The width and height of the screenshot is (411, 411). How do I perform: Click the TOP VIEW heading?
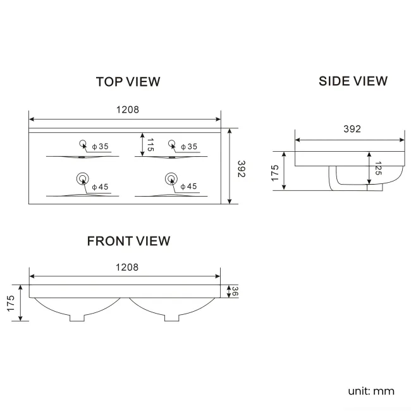(128, 82)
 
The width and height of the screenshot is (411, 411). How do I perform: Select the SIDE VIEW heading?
(353, 81)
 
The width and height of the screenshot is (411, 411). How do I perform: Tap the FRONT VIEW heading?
(128, 241)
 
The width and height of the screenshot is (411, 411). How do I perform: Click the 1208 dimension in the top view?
(127, 109)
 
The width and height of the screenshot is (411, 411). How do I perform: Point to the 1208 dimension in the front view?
(126, 267)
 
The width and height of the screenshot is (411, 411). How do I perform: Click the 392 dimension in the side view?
(352, 129)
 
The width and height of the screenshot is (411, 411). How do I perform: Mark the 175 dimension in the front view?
(11, 302)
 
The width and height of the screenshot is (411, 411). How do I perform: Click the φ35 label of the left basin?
(100, 147)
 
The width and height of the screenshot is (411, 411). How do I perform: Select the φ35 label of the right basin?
(188, 147)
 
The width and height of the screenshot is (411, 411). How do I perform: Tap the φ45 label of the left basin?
(100, 187)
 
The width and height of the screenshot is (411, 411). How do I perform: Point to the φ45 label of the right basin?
(188, 187)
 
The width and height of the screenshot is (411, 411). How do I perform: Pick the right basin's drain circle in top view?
(170, 178)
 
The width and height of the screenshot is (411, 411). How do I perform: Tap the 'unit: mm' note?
(371, 391)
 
